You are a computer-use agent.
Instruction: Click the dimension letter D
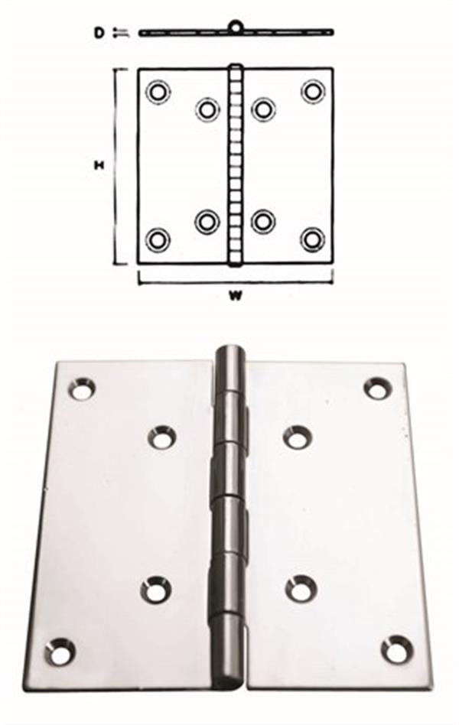point(99,33)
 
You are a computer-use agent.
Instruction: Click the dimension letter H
point(98,165)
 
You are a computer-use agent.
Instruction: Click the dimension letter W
point(236,297)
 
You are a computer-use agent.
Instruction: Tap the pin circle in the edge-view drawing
point(236,26)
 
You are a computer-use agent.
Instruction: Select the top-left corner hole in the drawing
point(158,91)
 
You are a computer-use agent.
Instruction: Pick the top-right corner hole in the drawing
point(313,90)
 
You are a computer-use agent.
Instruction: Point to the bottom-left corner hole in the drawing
point(158,240)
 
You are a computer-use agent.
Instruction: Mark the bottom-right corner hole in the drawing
point(312,239)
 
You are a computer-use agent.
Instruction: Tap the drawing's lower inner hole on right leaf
point(263,221)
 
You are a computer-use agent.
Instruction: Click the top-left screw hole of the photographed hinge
point(82,389)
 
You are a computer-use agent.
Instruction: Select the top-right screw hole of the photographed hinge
point(378,388)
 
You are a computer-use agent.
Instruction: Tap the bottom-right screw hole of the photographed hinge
point(396,649)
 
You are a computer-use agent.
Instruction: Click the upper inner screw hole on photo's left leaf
point(162,437)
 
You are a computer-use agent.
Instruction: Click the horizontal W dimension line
point(236,282)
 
